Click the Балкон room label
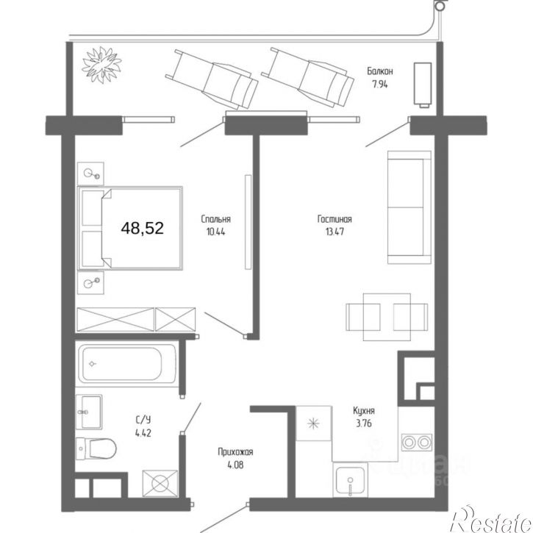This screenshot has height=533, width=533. click(379, 71)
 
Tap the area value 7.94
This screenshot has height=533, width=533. click(379, 84)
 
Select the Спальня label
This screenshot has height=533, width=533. click(216, 219)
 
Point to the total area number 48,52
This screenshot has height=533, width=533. click(143, 228)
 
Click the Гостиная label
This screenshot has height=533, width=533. click(335, 219)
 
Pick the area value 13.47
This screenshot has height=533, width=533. click(335, 232)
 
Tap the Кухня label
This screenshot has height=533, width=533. click(364, 411)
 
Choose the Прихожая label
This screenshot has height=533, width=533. click(235, 452)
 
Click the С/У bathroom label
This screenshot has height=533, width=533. click(143, 420)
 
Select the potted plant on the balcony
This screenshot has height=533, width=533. click(101, 65)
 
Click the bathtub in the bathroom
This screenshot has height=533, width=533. click(127, 364)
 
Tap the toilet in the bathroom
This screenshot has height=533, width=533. click(96, 448)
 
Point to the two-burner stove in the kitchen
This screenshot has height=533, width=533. click(417, 443)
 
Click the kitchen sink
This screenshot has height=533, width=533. click(350, 480)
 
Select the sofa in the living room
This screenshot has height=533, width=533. click(409, 207)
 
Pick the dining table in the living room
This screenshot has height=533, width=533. click(387, 317)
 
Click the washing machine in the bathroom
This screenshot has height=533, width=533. click(160, 484)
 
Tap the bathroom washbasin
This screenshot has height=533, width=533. click(89, 412)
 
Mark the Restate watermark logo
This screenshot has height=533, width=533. click(491, 519)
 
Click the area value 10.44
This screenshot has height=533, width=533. click(216, 232)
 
